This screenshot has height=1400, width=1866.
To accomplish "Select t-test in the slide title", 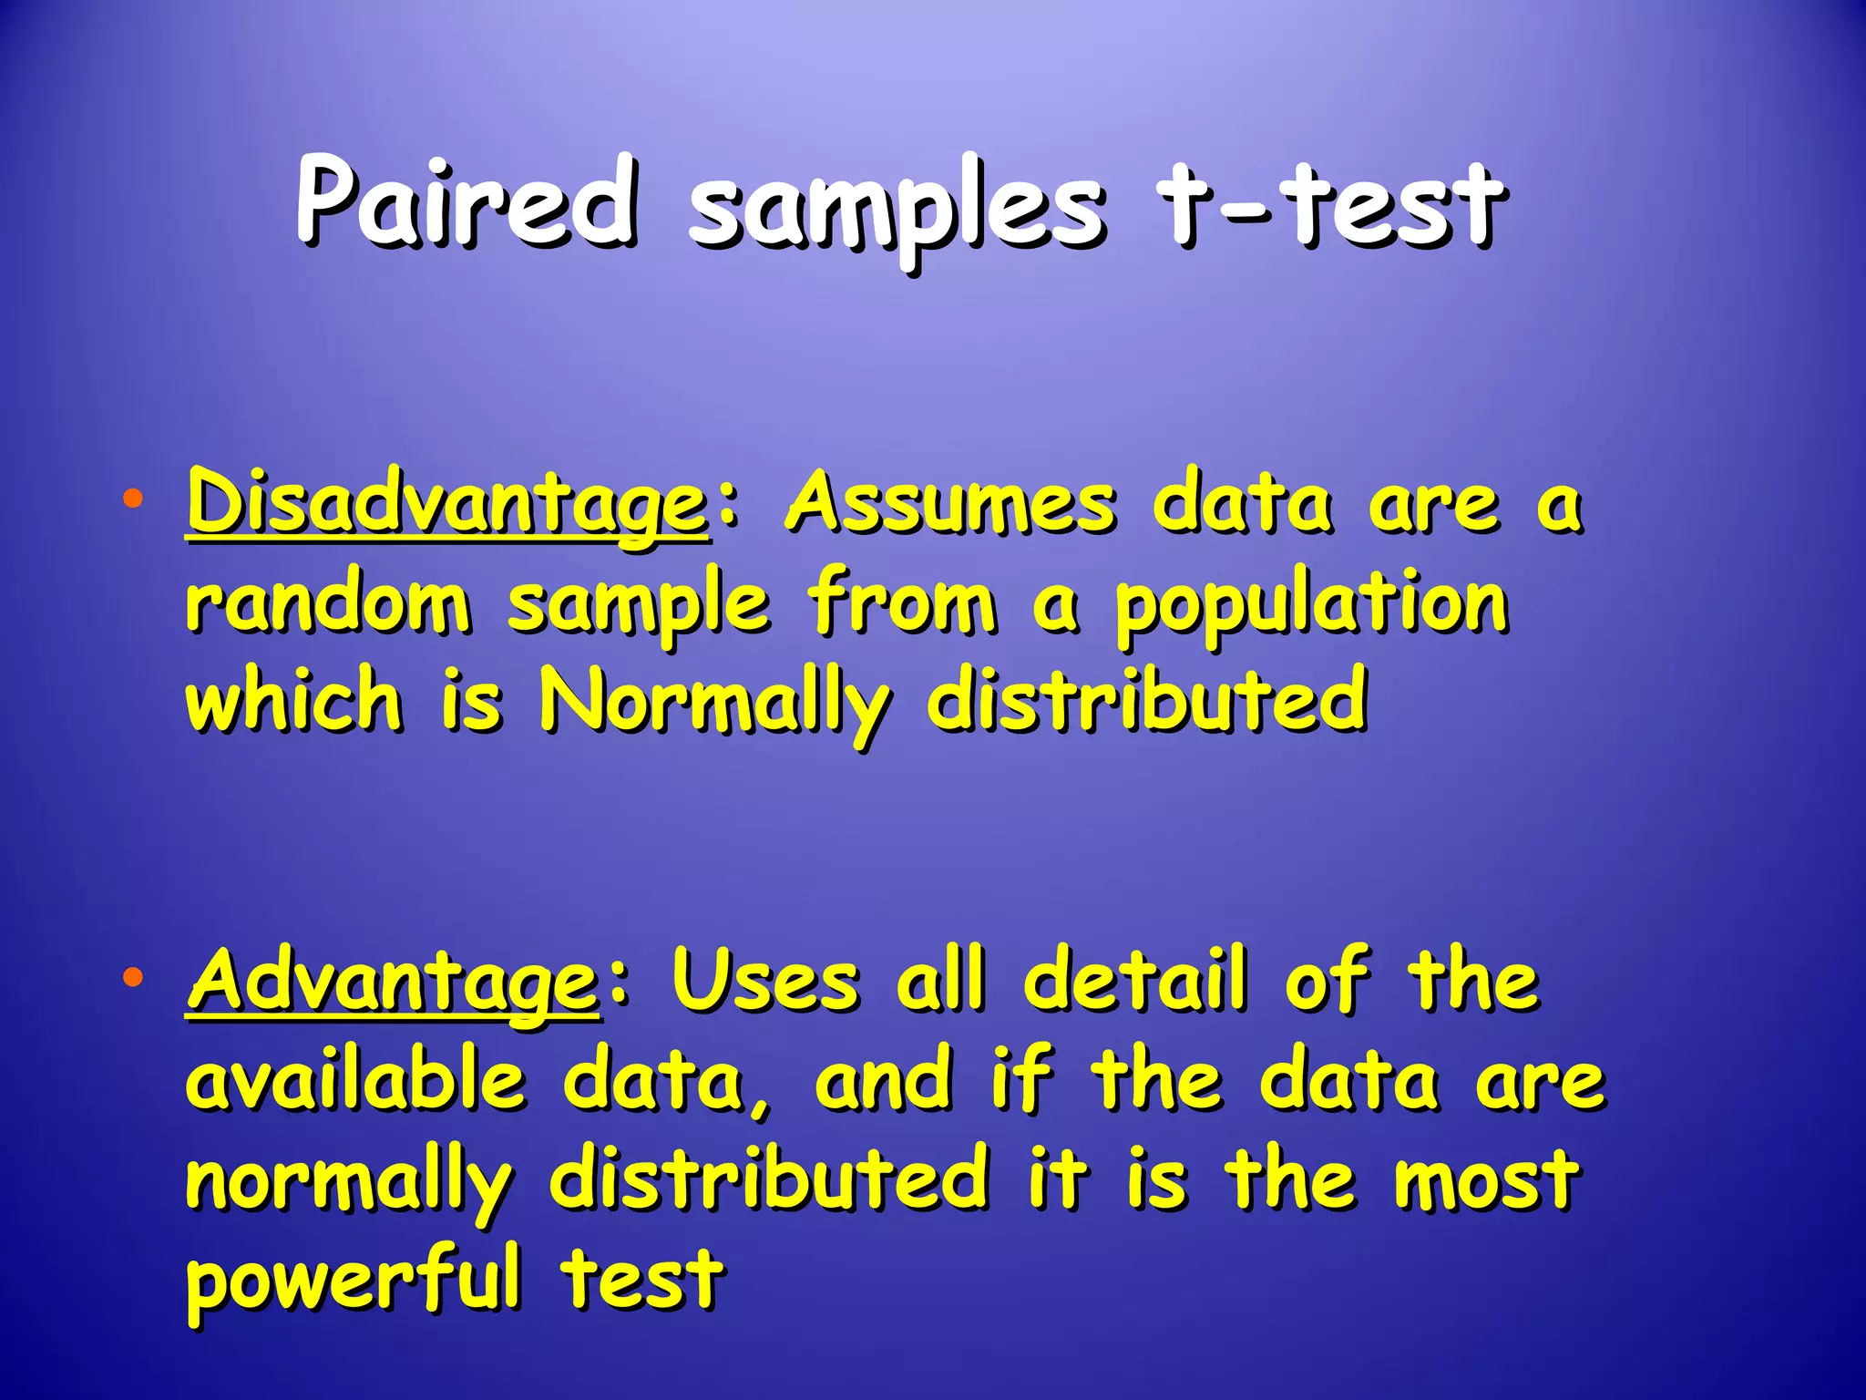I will tap(1330, 206).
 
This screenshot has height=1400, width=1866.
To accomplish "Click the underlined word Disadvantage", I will tap(446, 504).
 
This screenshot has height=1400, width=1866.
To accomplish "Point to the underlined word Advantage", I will tap(394, 983).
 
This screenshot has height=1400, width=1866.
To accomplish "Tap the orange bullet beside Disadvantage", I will tap(133, 499).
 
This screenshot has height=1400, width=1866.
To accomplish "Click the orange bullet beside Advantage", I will tap(133, 978).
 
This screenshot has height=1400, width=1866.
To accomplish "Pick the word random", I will tap(329, 603).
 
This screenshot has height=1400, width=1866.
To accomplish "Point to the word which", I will tap(293, 700).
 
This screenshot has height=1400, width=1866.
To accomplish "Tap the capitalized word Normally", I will tap(715, 704).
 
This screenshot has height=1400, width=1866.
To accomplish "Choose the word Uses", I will tap(765, 983).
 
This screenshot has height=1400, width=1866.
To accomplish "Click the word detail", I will tap(1135, 981).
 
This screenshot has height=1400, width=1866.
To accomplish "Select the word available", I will tap(356, 1081).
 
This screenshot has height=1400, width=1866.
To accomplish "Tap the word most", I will tap(1487, 1181).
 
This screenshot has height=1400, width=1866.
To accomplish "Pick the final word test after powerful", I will tap(642, 1278).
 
